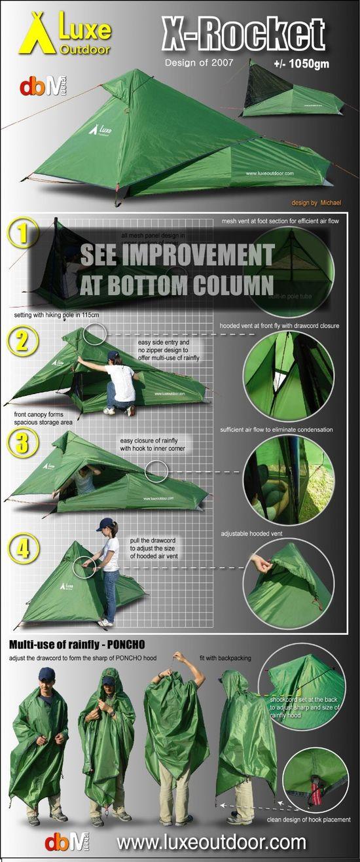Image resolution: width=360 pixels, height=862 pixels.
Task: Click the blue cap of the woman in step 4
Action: (x=105, y=524)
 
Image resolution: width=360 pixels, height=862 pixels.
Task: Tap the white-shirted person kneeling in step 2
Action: (x=118, y=383)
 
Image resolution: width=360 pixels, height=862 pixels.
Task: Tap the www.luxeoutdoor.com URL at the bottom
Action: (x=211, y=841)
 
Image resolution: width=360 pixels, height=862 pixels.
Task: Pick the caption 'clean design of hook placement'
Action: (x=308, y=819)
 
